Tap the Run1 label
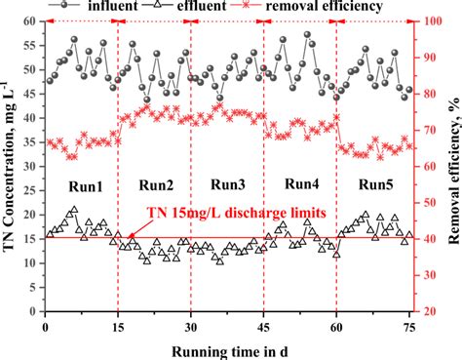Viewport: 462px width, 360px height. pyautogui.click(x=83, y=184)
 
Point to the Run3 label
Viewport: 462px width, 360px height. pyautogui.click(x=227, y=184)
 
